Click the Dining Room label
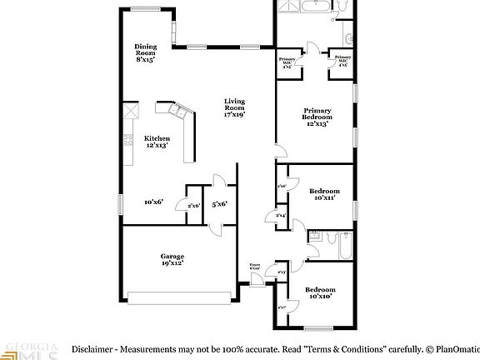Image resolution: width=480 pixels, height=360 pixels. coord(145,53)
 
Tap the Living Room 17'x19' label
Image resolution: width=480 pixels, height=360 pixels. coord(234,107)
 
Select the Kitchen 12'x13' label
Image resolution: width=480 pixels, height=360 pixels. coord(157,142)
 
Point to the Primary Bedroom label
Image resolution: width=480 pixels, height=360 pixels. coord(317,114)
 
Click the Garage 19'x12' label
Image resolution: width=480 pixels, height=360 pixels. coord(172,259)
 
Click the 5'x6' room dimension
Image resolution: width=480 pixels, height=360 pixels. coord(220,203)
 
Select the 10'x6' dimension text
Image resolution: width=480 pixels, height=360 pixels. coord(153,202)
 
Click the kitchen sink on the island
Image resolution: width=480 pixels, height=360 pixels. coord(177,109)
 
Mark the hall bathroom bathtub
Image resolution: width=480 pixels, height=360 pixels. coord(340,247)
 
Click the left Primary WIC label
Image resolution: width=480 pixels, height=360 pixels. coord(287,62)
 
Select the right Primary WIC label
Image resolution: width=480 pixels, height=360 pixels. coord(342,60)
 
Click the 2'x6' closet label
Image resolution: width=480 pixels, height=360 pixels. coord(193,206)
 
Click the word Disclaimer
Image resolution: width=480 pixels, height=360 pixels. coord(91,348)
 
